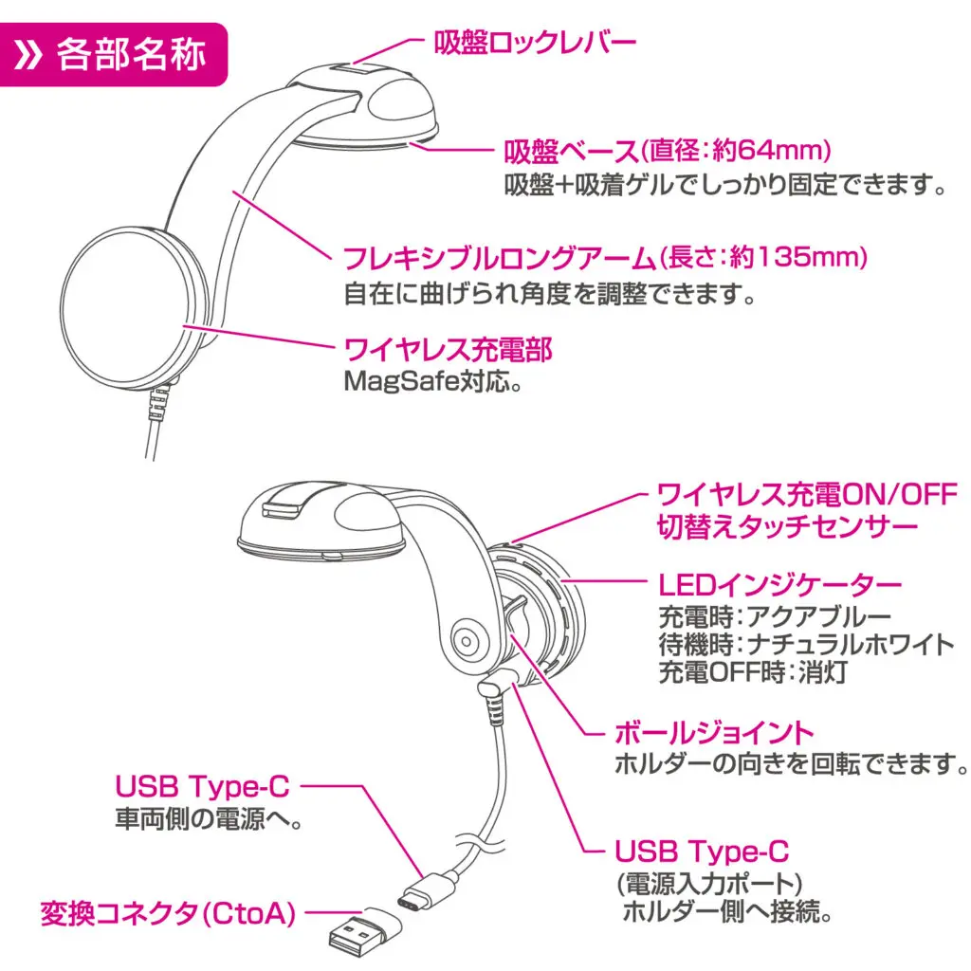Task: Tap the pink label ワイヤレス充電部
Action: [x=447, y=350]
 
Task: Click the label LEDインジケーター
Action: [x=779, y=584]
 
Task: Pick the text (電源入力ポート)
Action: [x=709, y=883]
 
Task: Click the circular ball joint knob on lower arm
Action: [x=466, y=640]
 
